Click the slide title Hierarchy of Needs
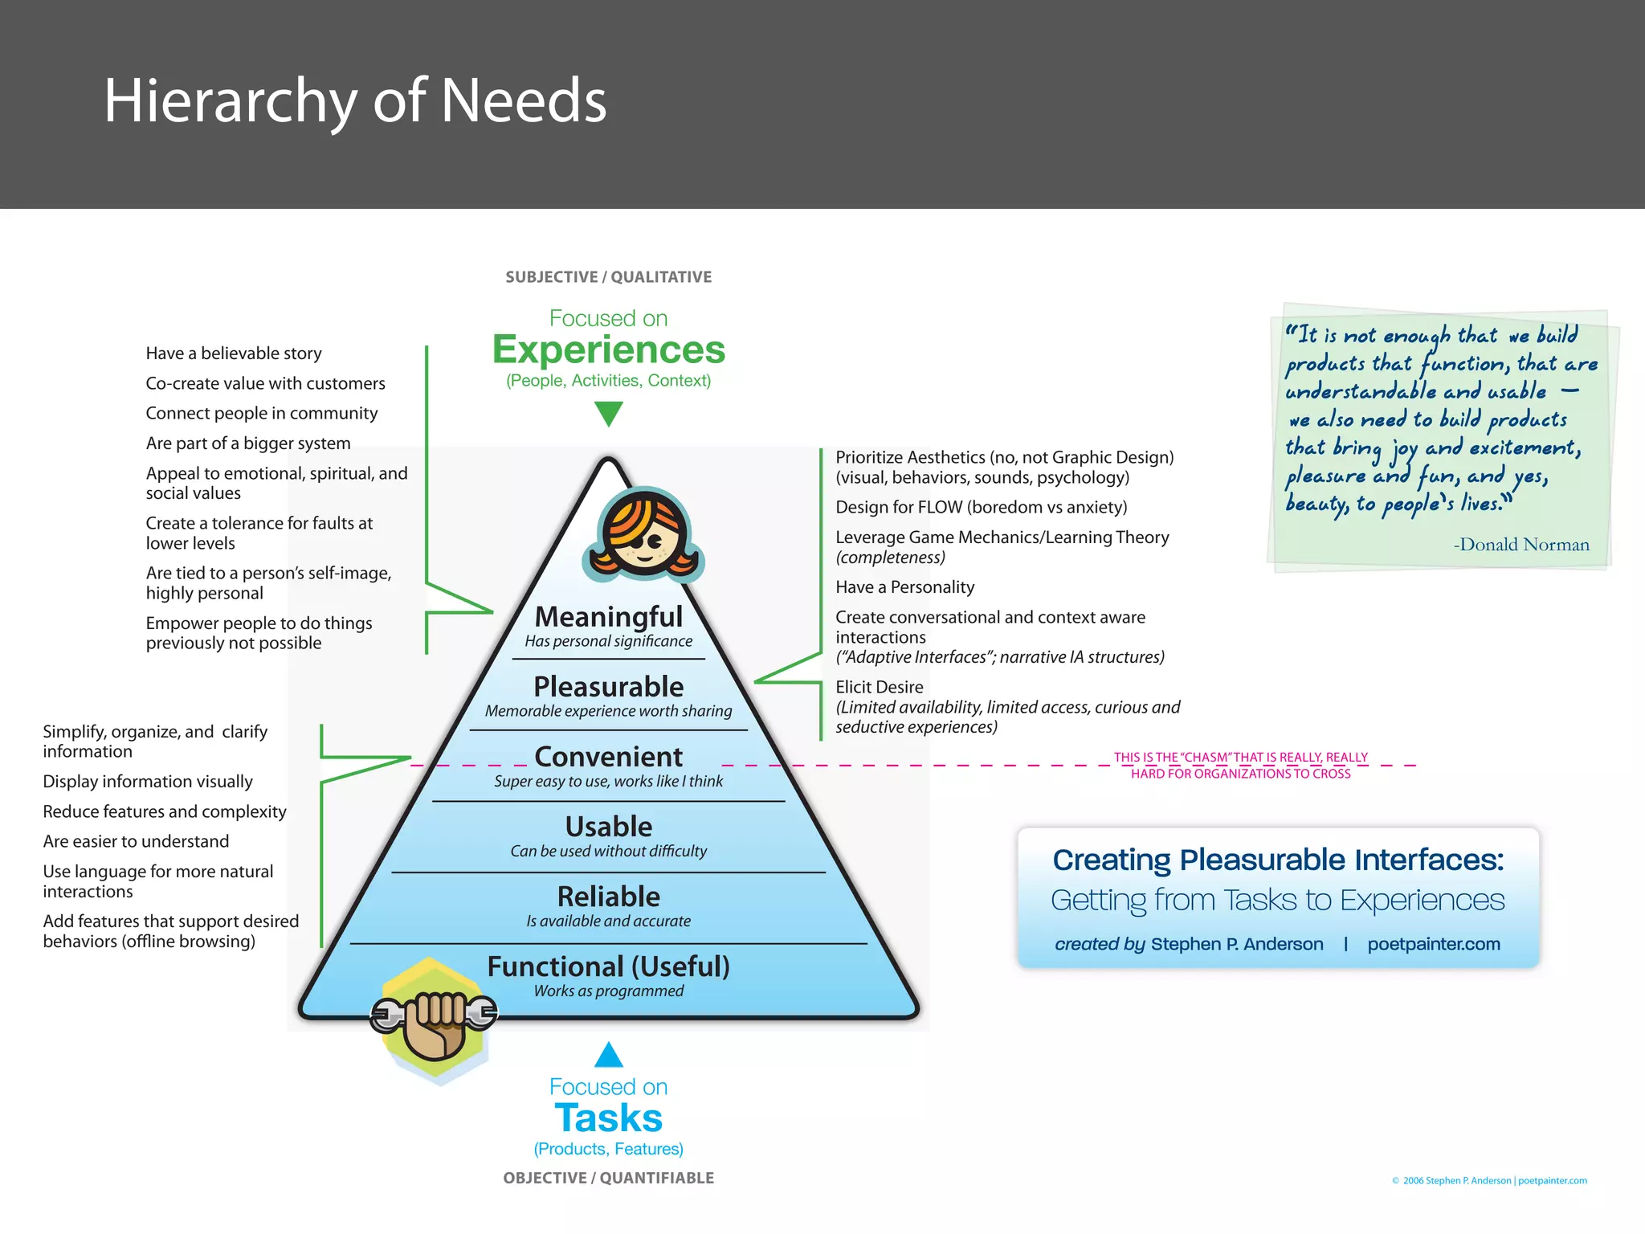point(355,101)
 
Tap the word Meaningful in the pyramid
point(609,617)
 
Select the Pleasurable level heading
point(609,687)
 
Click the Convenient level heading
point(609,757)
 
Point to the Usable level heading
point(609,827)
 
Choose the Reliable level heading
point(609,897)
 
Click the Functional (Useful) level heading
point(609,966)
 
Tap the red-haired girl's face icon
point(644,534)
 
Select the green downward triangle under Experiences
point(609,412)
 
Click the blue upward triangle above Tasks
point(609,1056)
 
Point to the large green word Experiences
point(609,350)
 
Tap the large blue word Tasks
point(609,1118)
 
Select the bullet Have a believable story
point(234,353)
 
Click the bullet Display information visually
point(148,782)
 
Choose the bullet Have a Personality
point(905,587)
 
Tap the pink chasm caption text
point(1241,766)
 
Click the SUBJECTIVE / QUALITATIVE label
point(609,277)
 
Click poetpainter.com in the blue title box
point(1434,944)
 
